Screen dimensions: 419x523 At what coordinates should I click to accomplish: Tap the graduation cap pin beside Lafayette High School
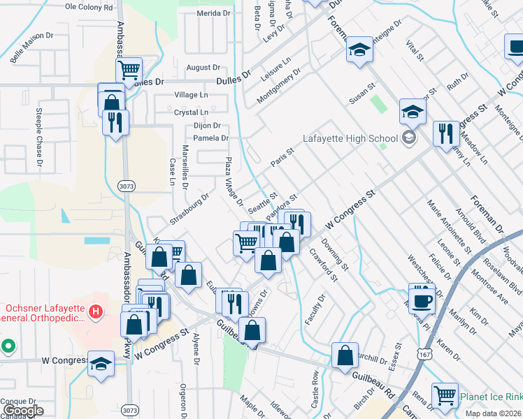[x=413, y=112]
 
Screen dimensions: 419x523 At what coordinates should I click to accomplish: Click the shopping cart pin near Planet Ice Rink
[x=445, y=396]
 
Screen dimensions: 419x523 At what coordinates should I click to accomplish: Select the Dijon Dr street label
[x=206, y=126]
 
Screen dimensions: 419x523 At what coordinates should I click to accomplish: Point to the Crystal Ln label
[x=191, y=112]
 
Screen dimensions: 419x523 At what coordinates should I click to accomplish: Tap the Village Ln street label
[x=191, y=94]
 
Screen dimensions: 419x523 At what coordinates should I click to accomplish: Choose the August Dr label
[x=203, y=68]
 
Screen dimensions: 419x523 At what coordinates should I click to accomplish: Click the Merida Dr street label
[x=213, y=13]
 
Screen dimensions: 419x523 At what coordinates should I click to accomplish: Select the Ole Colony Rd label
[x=88, y=7]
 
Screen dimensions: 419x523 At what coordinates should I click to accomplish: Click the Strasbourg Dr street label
[x=189, y=208]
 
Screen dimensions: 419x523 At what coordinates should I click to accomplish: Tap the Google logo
[x=23, y=410]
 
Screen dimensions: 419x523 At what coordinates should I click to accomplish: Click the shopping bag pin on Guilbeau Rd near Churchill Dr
[x=345, y=355]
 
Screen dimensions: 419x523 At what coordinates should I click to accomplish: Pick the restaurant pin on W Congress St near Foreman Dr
[x=445, y=133]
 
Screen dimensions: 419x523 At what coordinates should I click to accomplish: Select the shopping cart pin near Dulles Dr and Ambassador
[x=129, y=69]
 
